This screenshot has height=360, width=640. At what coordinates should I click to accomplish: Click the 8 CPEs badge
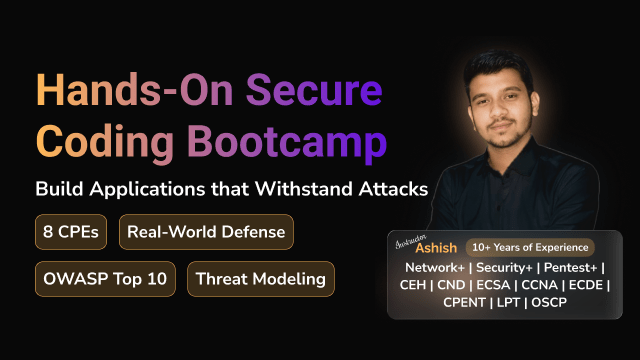71,232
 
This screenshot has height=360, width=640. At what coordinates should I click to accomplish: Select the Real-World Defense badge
206,232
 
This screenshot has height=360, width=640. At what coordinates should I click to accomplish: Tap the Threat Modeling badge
260,278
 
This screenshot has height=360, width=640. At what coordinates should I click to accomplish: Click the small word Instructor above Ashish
417,236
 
